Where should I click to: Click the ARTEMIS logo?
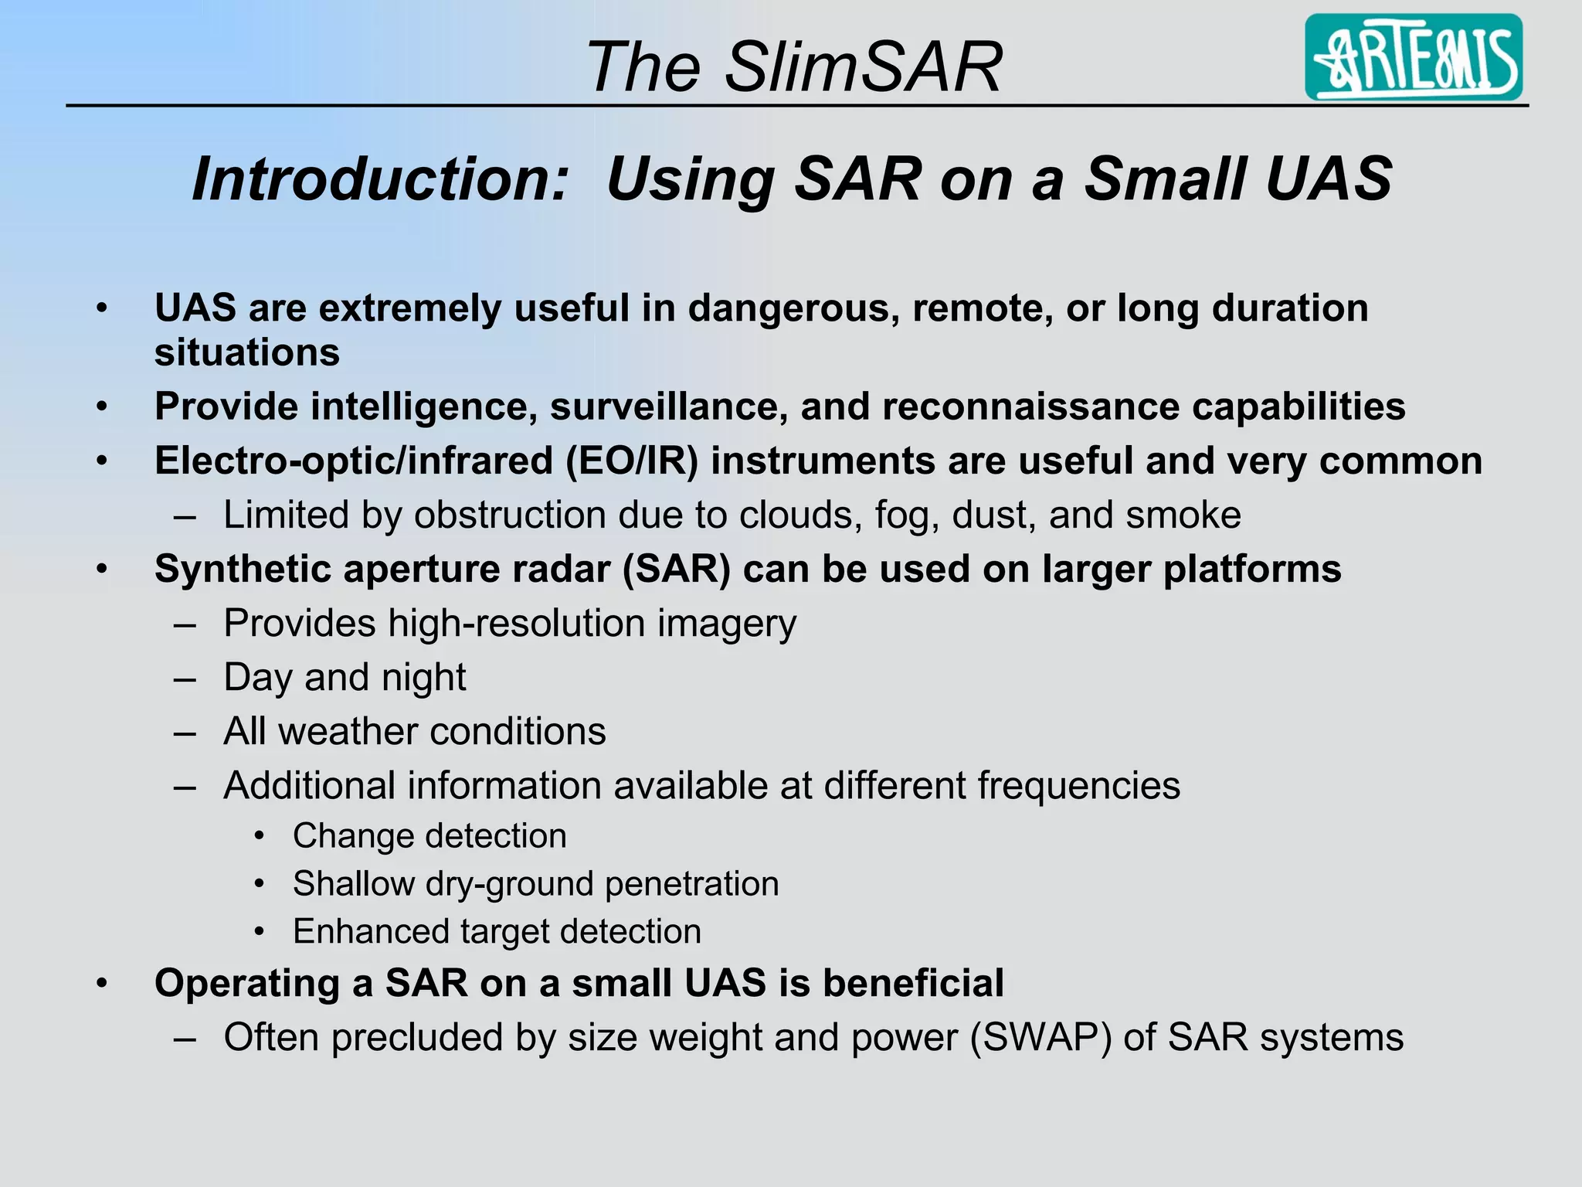[1413, 57]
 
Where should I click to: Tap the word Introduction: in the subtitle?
[380, 179]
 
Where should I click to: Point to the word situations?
[247, 353]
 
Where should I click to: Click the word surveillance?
[668, 407]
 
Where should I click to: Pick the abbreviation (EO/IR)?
[631, 461]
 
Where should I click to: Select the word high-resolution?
[516, 624]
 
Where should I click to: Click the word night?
[426, 678]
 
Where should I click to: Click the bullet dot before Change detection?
[260, 836]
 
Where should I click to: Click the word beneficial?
[913, 984]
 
